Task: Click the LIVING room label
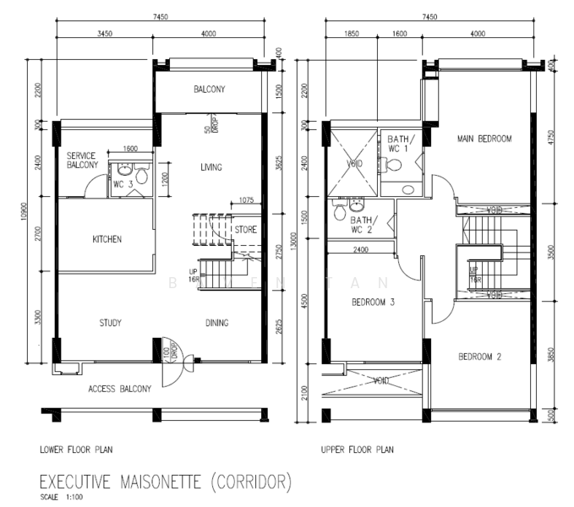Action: (211, 167)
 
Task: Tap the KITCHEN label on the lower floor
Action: (107, 239)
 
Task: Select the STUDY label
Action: (111, 323)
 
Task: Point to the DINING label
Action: (216, 323)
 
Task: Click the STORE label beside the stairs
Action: (245, 229)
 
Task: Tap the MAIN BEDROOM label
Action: (486, 138)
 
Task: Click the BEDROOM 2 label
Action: (479, 357)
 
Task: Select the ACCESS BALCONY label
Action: (120, 390)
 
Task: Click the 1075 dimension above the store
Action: (246, 200)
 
